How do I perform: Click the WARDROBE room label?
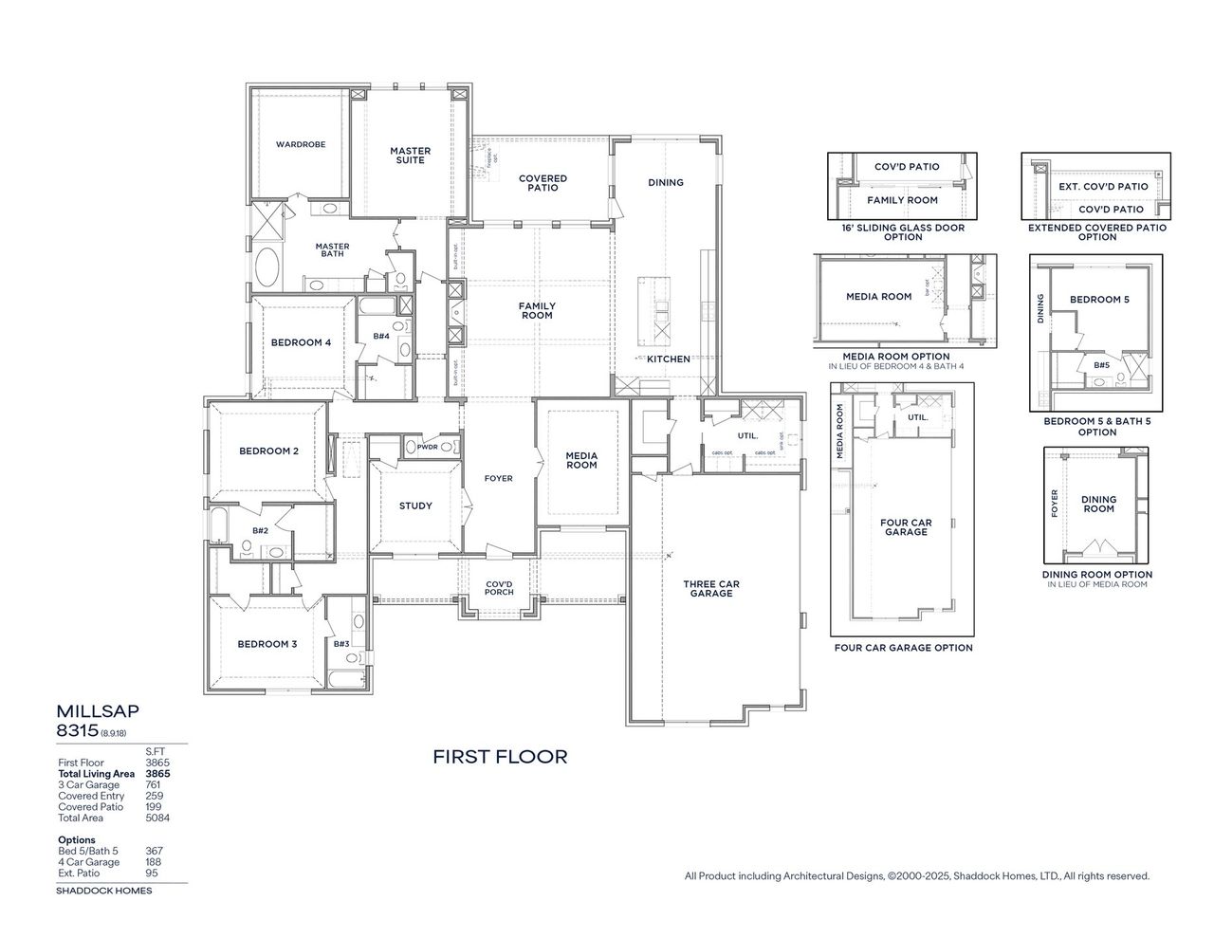tap(301, 145)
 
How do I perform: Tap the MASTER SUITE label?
tap(410, 156)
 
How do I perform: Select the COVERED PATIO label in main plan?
tap(543, 183)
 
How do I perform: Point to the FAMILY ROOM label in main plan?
tap(537, 310)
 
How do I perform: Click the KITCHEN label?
tap(669, 359)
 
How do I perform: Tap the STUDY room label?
tap(415, 506)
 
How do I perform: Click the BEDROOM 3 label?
tap(267, 645)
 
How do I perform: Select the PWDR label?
tap(427, 447)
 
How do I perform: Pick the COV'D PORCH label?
tap(499, 588)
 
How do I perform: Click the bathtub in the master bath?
tap(267, 269)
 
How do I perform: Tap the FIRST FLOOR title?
tap(500, 757)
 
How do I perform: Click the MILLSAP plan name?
tap(90, 710)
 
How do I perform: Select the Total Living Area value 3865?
tap(156, 774)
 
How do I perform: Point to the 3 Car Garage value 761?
tap(153, 785)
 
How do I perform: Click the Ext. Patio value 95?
tap(152, 874)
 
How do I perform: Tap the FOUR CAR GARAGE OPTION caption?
tap(903, 649)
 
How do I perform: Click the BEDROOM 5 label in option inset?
tap(1099, 300)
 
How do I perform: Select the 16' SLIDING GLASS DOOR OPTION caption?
tap(902, 232)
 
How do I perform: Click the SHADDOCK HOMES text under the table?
tap(103, 891)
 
